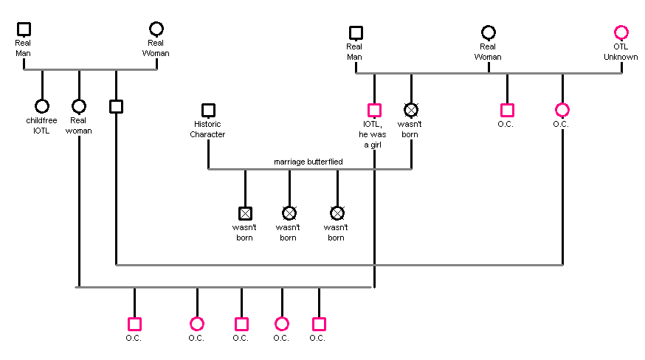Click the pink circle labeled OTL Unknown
[621, 32]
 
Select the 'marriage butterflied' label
[308, 162]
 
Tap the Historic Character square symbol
[208, 110]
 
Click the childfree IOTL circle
[42, 106]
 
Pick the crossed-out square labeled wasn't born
[245, 213]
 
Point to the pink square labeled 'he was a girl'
[374, 110]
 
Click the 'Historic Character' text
[207, 130]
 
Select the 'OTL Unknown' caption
[621, 52]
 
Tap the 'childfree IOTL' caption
[41, 125]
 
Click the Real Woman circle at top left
[156, 29]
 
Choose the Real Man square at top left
[24, 29]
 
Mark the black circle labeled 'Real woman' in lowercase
[79, 106]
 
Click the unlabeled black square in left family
[116, 106]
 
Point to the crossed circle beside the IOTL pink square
[411, 110]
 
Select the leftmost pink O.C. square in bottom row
[134, 324]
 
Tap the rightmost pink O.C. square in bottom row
[319, 324]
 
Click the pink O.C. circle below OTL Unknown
[562, 110]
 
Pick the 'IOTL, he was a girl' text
[374, 134]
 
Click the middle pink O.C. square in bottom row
[241, 324]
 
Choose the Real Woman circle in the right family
[489, 32]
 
